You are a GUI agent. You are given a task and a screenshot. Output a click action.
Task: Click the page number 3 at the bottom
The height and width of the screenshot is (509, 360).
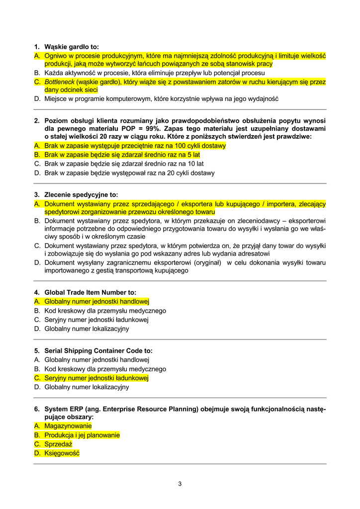[x=180, y=484]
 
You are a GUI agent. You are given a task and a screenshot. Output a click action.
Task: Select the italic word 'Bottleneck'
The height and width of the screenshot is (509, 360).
[x=59, y=82]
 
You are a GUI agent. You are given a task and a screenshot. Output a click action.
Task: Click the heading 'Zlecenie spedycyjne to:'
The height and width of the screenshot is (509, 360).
[x=81, y=195]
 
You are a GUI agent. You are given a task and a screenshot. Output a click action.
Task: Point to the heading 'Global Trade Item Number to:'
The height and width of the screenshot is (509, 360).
[x=90, y=292]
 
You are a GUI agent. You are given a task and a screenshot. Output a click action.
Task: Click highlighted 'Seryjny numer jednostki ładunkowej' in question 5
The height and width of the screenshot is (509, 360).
[x=96, y=378]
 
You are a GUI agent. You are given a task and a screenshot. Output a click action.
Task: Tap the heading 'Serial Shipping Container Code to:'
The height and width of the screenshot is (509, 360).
[x=98, y=351]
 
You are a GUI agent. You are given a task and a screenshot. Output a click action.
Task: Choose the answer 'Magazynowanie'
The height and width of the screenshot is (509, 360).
[x=68, y=426]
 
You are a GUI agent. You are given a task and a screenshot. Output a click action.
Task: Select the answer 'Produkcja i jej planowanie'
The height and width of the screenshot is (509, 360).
[x=82, y=435]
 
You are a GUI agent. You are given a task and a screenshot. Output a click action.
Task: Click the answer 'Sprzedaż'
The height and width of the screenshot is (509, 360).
[x=58, y=444]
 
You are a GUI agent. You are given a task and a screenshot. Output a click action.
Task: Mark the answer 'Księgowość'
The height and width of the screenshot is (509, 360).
[x=62, y=453]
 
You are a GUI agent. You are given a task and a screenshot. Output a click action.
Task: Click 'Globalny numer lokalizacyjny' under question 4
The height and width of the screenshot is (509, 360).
[x=87, y=329]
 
